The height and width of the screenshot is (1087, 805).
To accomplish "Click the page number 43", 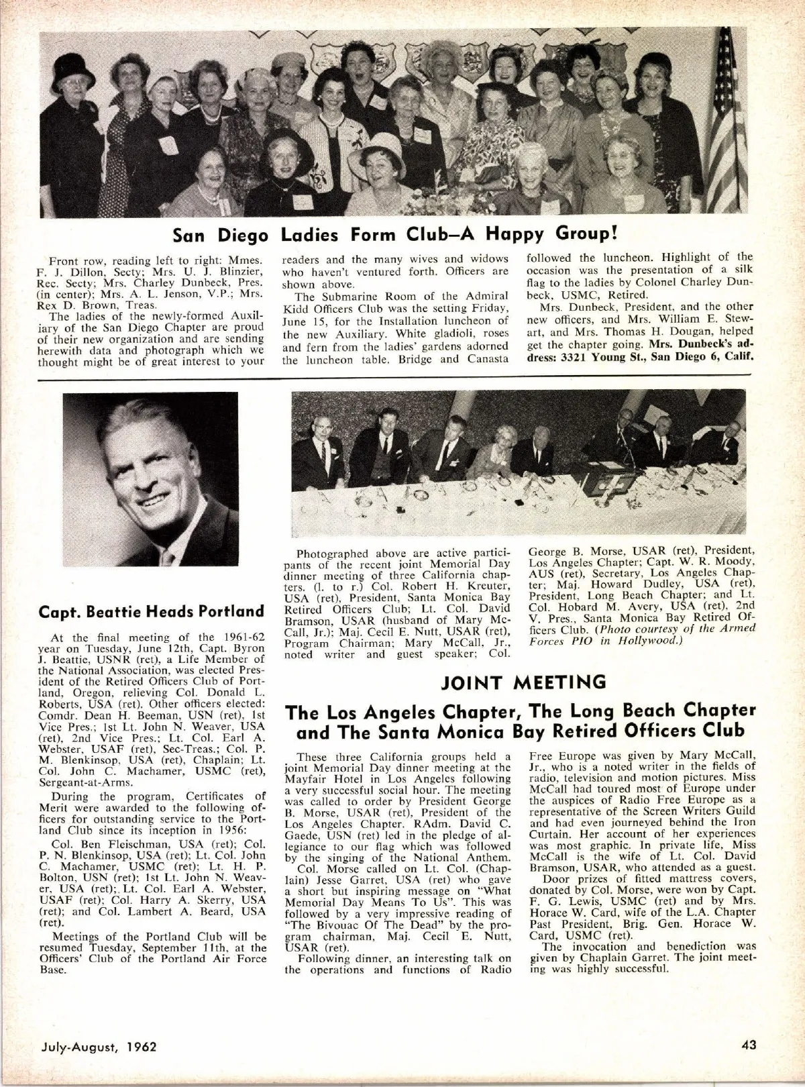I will (749, 1044).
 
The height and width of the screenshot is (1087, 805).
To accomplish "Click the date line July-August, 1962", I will (98, 1046).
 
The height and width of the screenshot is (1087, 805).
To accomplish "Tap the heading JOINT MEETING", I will (523, 683).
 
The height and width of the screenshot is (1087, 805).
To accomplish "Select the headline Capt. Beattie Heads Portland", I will (152, 611).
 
